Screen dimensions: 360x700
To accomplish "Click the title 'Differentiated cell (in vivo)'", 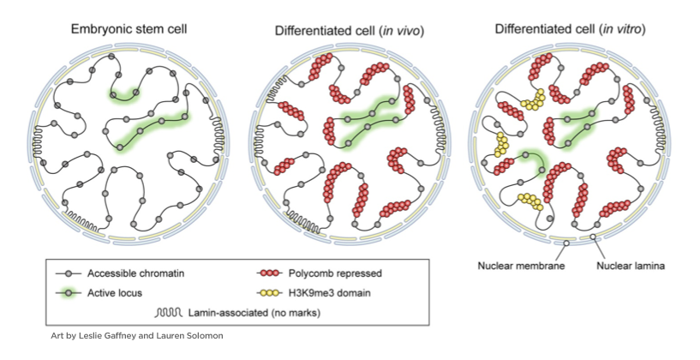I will [350, 32].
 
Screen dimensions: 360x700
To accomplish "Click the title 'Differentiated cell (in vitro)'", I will [571, 30].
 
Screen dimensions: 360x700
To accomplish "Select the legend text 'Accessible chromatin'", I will [138, 274].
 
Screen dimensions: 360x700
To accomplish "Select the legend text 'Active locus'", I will [116, 292].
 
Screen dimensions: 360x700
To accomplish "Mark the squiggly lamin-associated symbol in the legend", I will [170, 311].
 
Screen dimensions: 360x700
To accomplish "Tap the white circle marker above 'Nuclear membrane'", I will [565, 244].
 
